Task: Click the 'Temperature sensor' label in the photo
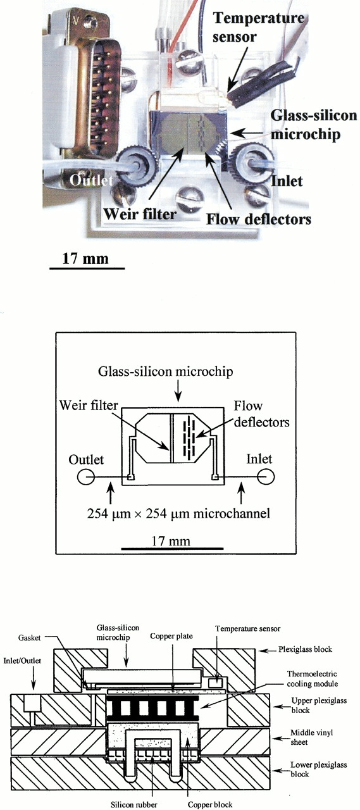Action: (x=258, y=27)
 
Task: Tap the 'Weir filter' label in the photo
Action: (x=140, y=214)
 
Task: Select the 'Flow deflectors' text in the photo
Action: (x=259, y=219)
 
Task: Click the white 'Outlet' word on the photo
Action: (x=91, y=180)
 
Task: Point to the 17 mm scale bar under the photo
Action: (x=87, y=268)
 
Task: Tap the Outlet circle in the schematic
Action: (x=86, y=477)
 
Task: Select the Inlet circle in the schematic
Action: (x=266, y=477)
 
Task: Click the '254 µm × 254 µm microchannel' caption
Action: (x=178, y=513)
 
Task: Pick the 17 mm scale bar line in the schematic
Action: (x=172, y=549)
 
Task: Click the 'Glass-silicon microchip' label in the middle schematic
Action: (x=166, y=371)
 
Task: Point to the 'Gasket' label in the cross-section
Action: (x=29, y=638)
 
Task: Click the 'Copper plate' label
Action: (x=171, y=636)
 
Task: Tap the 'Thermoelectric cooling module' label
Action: (x=313, y=679)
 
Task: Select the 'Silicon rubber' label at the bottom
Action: (x=133, y=804)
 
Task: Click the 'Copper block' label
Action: (x=210, y=804)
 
